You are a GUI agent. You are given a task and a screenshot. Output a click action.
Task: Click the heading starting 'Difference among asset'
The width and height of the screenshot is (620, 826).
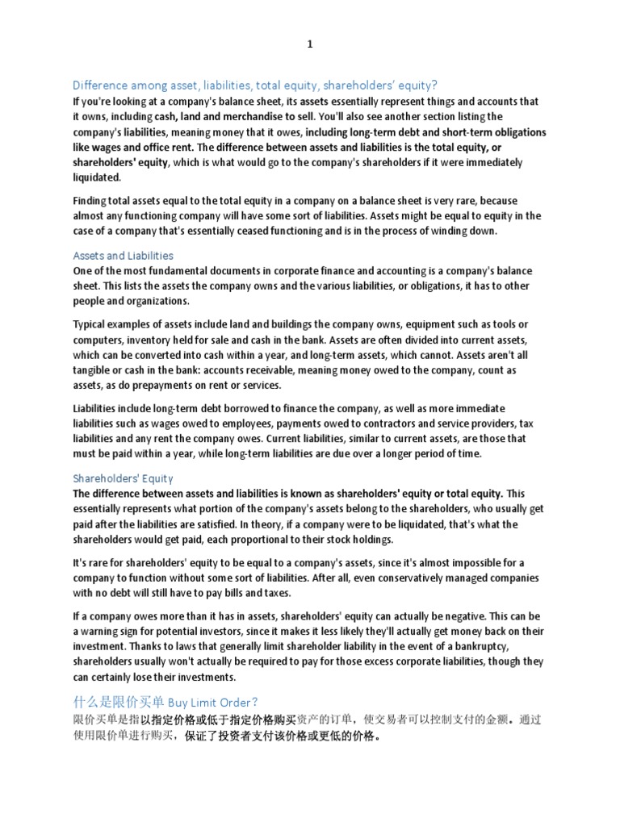(x=255, y=86)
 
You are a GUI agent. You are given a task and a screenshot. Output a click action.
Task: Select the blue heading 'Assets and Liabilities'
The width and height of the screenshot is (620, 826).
(x=124, y=256)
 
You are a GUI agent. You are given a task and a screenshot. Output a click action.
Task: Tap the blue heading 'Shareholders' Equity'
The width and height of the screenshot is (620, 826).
(x=124, y=478)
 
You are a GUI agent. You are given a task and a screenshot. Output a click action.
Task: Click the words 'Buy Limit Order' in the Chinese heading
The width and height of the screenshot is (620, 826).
(x=214, y=702)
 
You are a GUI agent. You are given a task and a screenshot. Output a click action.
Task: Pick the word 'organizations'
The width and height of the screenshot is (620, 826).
(x=153, y=301)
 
